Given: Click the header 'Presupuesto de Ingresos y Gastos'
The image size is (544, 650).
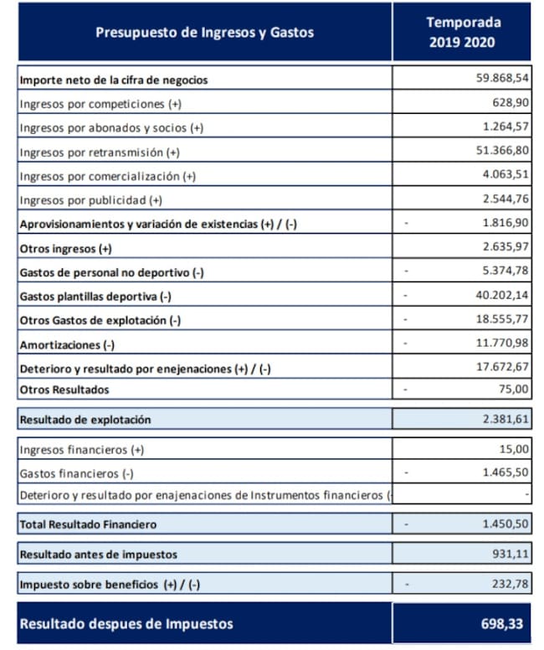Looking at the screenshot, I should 204,33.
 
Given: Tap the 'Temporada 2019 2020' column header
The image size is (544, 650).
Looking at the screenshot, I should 462,33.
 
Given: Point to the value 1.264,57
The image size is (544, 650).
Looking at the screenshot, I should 506,127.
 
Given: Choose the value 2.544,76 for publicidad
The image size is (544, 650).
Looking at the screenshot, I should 506,200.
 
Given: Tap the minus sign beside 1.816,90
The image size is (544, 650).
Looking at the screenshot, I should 406,224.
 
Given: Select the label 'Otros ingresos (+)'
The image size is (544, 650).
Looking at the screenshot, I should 65,249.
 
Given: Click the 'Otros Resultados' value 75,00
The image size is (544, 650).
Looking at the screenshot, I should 515,389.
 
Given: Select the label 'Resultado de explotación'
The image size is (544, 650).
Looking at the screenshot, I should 85,419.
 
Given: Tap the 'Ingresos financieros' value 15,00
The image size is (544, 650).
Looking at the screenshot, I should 515,449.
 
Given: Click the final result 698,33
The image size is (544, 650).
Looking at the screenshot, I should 503,623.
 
